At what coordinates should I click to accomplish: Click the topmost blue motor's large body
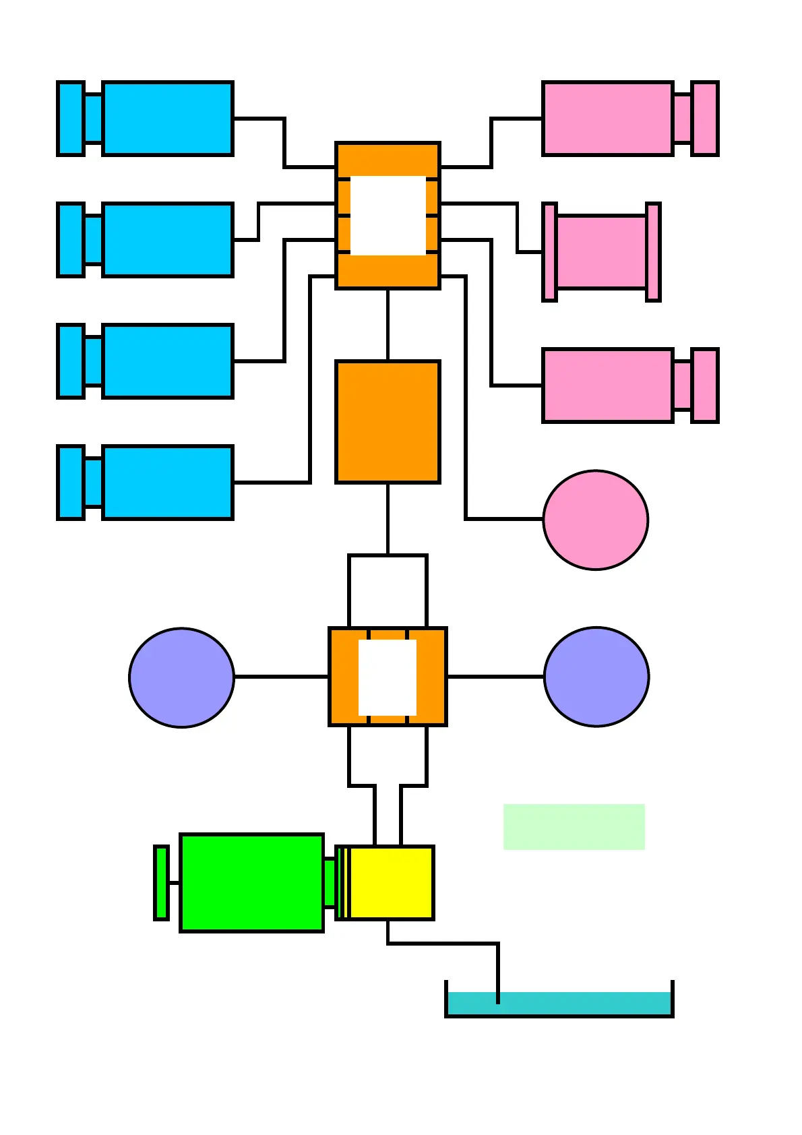[167, 119]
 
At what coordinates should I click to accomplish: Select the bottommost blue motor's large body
[167, 483]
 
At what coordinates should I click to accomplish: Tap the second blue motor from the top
[167, 240]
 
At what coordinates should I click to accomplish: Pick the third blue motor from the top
[167, 361]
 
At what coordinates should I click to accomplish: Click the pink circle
[596, 520]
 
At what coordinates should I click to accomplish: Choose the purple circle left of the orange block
[181, 677]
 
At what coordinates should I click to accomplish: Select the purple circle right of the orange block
[596, 677]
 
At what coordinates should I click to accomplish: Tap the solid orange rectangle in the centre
[388, 422]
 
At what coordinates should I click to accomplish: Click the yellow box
[392, 883]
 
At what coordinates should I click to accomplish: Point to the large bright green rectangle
[251, 883]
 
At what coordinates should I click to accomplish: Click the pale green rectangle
[574, 826]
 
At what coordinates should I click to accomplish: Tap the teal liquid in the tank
[559, 1003]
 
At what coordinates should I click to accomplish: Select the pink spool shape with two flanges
[601, 252]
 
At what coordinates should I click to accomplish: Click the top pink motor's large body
[607, 119]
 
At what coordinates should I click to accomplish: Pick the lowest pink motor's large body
[607, 386]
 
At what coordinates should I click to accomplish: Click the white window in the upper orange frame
[388, 216]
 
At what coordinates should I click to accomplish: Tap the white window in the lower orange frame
[388, 677]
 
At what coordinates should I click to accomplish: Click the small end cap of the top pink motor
[705, 119]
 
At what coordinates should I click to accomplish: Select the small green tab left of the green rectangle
[161, 883]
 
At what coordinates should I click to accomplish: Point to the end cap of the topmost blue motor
[71, 119]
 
